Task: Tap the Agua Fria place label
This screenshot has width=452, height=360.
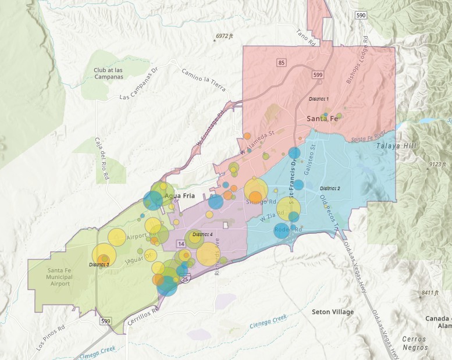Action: click(x=179, y=195)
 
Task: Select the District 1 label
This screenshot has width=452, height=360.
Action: click(x=318, y=99)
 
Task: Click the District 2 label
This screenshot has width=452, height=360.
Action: click(x=329, y=189)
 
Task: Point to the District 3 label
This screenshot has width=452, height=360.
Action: click(x=99, y=265)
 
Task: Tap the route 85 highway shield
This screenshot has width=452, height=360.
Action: click(x=282, y=61)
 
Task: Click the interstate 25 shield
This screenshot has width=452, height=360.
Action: click(x=185, y=280)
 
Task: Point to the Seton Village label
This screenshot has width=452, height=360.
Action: click(x=332, y=312)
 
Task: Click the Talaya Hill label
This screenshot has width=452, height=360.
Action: click(x=397, y=146)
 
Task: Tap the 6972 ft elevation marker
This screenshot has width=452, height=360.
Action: click(x=223, y=36)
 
